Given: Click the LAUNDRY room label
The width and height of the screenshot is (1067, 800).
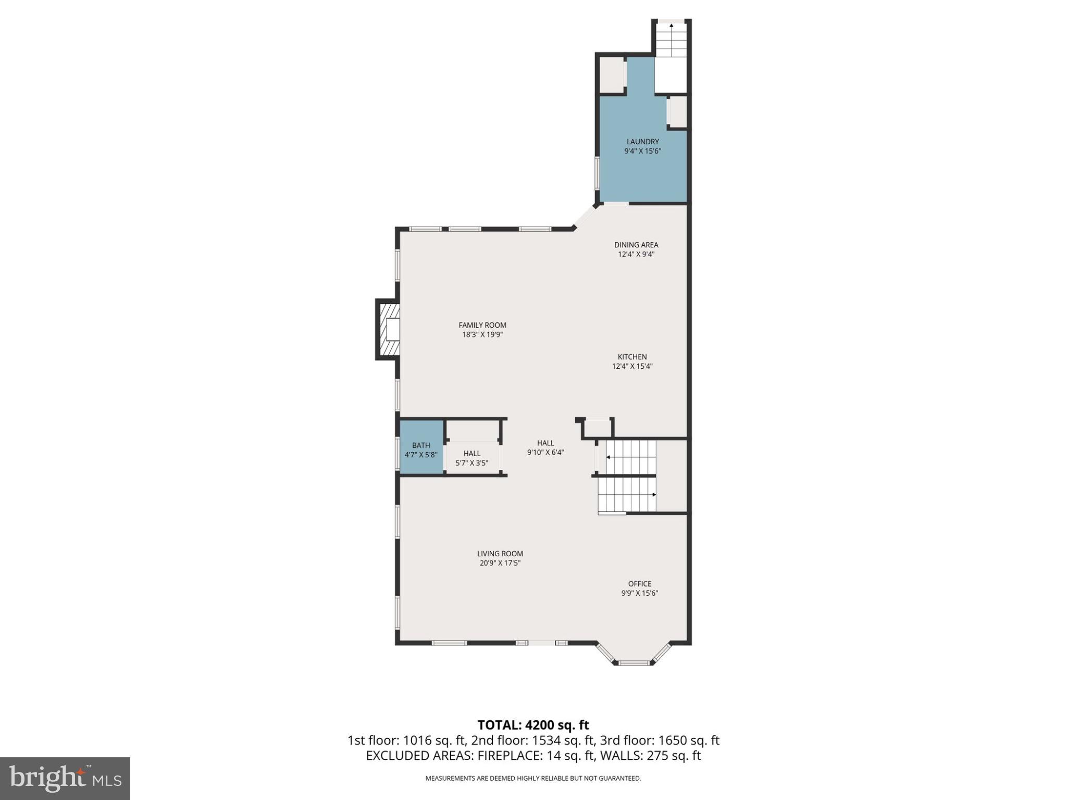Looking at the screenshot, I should tap(642, 142).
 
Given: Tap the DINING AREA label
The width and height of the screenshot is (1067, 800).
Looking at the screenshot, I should tap(636, 245).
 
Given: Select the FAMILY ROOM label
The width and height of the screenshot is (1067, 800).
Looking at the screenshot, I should tap(482, 325).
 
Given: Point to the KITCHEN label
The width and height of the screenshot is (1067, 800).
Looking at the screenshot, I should tap(632, 357).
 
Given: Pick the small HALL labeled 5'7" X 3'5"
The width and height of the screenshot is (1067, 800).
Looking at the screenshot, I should tap(472, 458).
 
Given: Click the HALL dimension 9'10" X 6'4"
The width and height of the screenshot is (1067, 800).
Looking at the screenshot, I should tap(545, 453).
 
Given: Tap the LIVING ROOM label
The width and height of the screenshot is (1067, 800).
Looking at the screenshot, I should tap(500, 554).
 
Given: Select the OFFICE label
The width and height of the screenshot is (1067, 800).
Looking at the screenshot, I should tap(639, 584).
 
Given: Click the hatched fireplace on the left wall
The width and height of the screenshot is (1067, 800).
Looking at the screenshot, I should tap(388, 329).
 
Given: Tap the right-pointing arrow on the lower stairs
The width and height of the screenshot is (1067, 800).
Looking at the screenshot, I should tap(653, 494).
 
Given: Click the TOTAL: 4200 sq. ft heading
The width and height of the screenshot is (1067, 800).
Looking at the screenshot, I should tap(533, 725).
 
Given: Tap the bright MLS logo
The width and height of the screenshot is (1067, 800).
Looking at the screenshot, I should tap(65, 778).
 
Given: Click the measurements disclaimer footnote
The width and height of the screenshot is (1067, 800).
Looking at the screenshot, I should tap(533, 779).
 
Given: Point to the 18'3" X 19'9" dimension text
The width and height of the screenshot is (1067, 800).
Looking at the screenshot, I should tap(482, 335).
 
